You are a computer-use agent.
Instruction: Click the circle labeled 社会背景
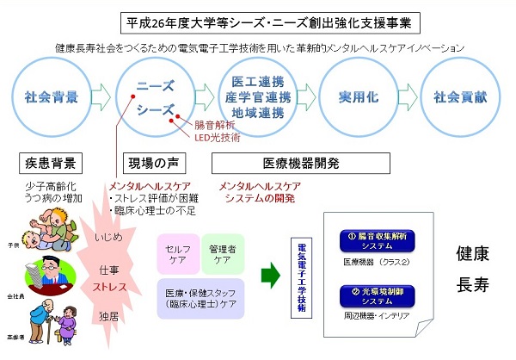(48, 95)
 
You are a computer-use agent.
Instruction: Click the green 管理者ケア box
(222, 250)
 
